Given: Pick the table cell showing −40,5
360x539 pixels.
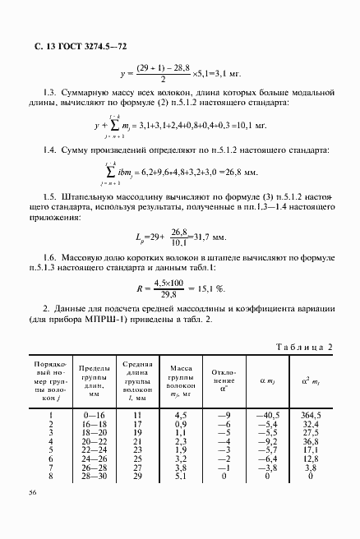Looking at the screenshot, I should click(x=269, y=415).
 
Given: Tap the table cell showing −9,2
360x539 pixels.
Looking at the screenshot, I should click(x=270, y=441).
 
